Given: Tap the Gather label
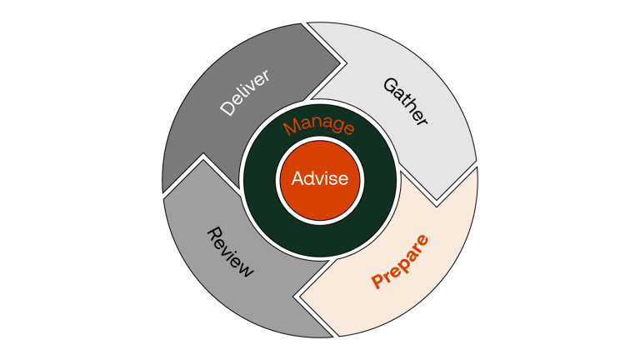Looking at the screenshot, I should pos(405,102).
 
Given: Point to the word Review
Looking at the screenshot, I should pos(229,251).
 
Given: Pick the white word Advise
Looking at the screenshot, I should pos(319,178).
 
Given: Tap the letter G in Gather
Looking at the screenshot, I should pos(389,85).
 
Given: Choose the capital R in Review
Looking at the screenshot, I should pos(211,233).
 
